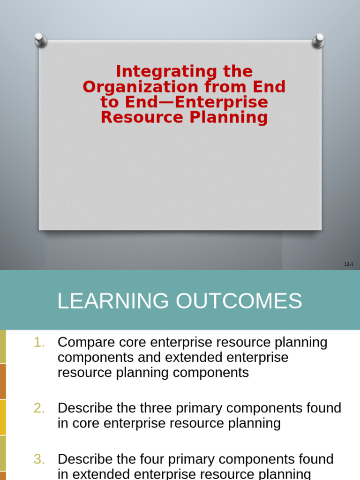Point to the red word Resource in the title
tap(142, 117)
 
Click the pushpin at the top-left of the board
tap(41, 39)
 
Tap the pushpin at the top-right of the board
tap(318, 40)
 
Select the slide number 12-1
tap(348, 264)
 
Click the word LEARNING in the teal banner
tap(113, 301)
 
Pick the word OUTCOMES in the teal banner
tap(239, 301)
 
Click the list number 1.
tap(39, 343)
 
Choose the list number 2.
tap(39, 408)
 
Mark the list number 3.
tap(39, 459)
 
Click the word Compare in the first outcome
tap(84, 343)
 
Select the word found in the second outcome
tap(324, 408)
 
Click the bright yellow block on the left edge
tap(3, 417)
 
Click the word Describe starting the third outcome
tap(85, 459)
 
